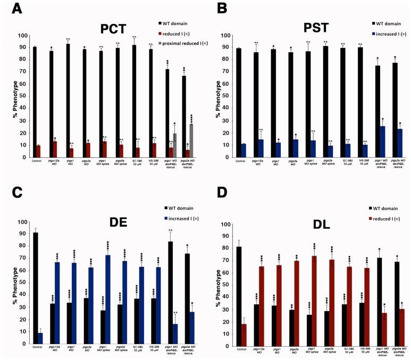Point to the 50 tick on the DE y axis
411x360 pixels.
pyautogui.click(x=21, y=283)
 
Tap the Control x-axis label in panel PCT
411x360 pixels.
pyautogui.click(x=37, y=162)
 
